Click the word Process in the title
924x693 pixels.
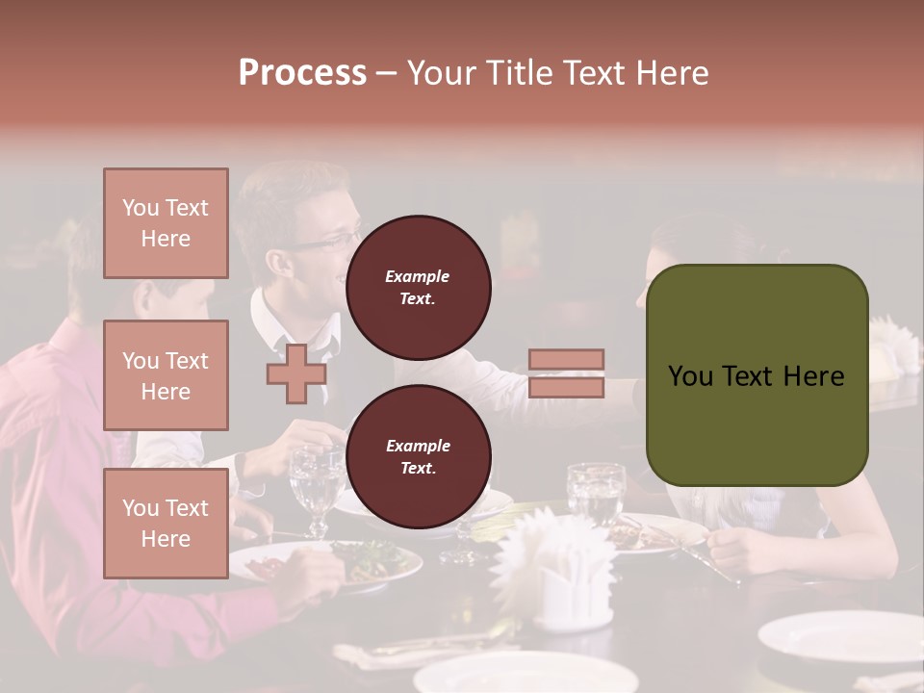pyautogui.click(x=302, y=73)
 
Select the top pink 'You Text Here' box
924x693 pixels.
pyautogui.click(x=166, y=223)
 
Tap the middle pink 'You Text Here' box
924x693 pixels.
pyautogui.click(x=166, y=375)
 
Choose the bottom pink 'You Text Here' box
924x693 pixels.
pyautogui.click(x=166, y=523)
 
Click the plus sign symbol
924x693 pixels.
pyautogui.click(x=295, y=373)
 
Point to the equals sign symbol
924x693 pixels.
pyautogui.click(x=566, y=373)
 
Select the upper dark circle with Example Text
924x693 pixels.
pyautogui.click(x=418, y=288)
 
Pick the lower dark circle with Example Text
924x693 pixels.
pyautogui.click(x=418, y=457)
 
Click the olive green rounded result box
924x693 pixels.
pyautogui.click(x=757, y=375)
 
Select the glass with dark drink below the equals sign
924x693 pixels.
pyautogui.click(x=597, y=493)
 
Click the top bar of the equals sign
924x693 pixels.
pyautogui.click(x=566, y=360)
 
